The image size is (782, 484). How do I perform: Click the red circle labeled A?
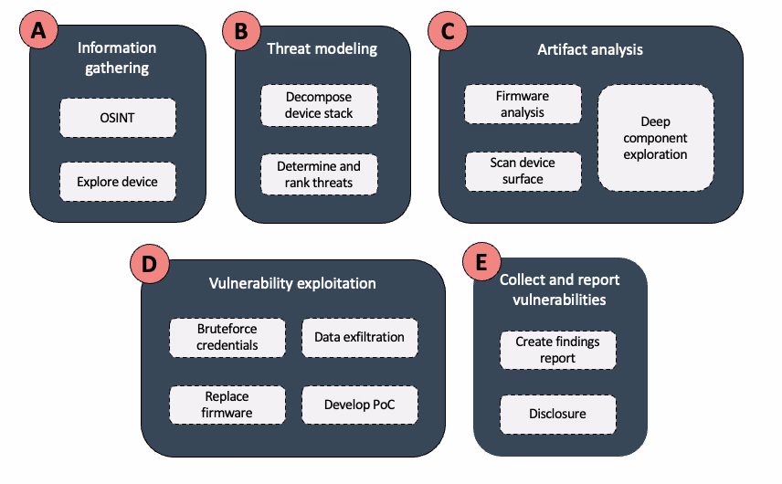coord(37,31)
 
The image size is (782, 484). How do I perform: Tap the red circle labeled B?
coord(241,31)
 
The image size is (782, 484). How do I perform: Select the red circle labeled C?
coord(447,31)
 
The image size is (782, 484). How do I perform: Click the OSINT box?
coord(116,119)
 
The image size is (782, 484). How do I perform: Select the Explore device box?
coord(116,182)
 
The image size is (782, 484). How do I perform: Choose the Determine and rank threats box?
coord(318,174)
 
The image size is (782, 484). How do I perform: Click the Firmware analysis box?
coord(522,104)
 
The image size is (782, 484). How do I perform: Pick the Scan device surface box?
coord(522,172)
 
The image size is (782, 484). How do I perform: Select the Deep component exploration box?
coord(655,138)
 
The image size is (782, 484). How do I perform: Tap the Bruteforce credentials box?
coord(227,338)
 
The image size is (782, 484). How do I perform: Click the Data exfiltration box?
coord(359,337)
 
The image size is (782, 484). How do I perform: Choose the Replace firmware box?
coord(227,405)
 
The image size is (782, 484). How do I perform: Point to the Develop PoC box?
coord(359,405)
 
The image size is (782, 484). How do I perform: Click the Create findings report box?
coord(557,350)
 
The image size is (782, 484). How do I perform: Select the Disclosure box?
coord(557,415)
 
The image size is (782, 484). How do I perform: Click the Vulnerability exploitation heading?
coord(291,283)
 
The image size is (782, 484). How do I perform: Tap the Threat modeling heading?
coord(322,49)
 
